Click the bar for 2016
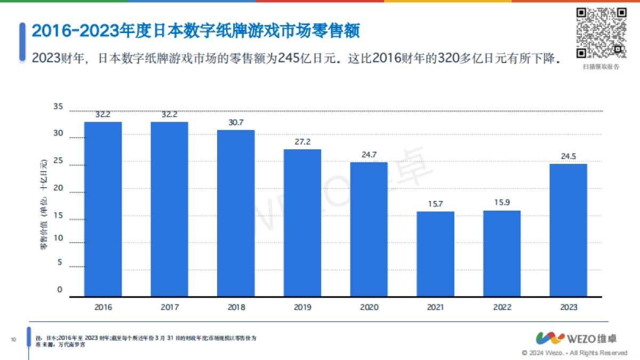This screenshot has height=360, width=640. (103, 209)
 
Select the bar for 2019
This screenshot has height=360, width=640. (302, 222)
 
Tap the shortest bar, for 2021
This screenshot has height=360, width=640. (435, 253)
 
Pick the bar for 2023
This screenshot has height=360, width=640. (568, 229)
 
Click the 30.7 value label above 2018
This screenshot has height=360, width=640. (236, 122)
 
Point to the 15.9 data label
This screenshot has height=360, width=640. (502, 203)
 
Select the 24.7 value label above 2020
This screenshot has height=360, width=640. (369, 155)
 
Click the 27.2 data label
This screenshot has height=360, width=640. (302, 141)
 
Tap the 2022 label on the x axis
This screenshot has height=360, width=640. (502, 307)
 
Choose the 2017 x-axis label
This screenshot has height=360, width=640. (170, 307)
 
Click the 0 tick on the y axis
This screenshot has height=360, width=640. (60, 290)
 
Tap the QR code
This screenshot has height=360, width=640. (601, 33)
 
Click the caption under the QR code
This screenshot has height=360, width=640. (601, 67)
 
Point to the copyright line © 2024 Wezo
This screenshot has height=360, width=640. (574, 353)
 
